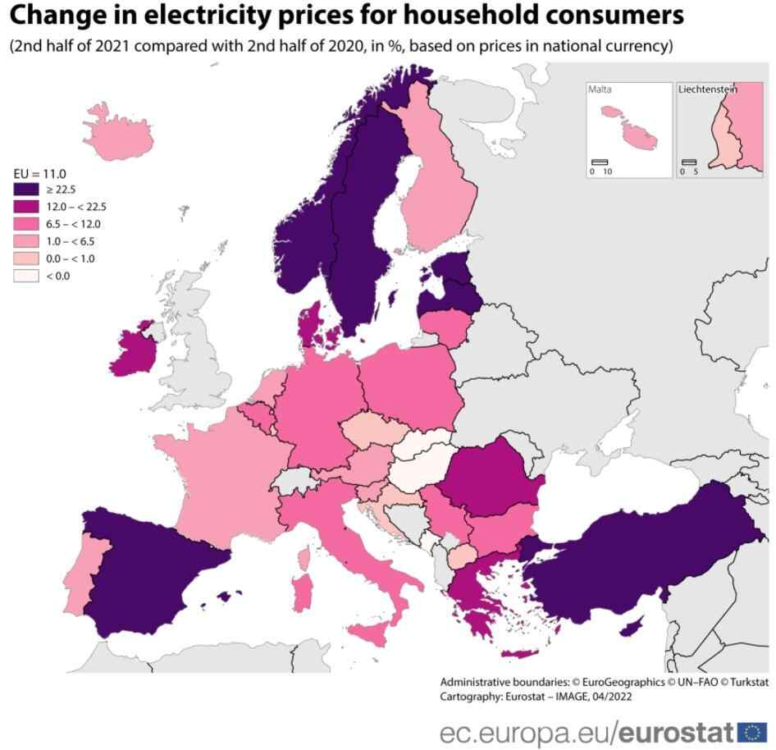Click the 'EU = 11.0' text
coord(40,173)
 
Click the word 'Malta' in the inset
coord(600,89)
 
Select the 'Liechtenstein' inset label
coord(708,89)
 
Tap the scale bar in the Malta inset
coord(600,162)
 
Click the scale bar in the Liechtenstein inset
coord(688,162)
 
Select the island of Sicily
coord(373,631)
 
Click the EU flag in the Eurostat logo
coord(752,732)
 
